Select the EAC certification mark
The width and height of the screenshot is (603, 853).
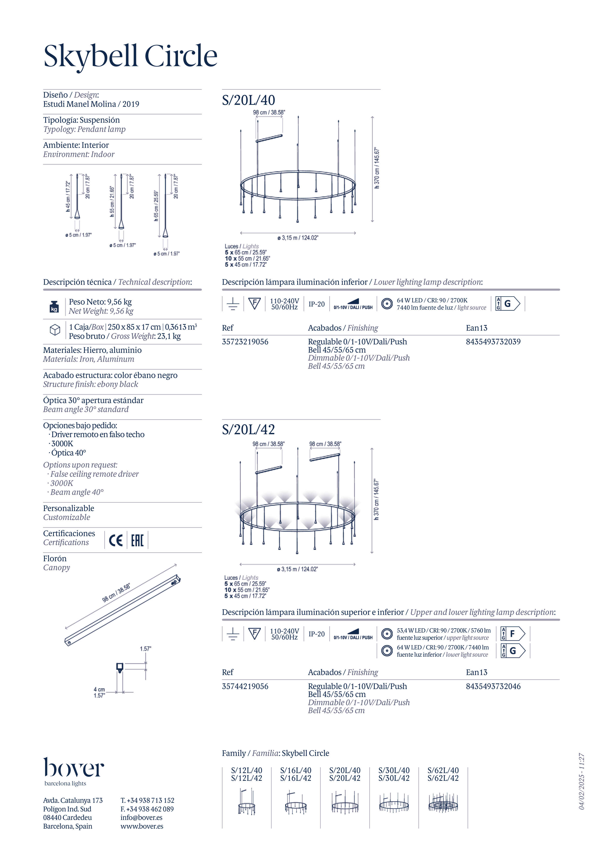click(x=137, y=540)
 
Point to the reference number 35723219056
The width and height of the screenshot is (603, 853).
click(x=245, y=342)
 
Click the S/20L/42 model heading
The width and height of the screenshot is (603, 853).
click(x=248, y=429)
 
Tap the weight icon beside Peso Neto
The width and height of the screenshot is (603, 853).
click(x=54, y=306)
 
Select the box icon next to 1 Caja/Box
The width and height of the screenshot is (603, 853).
click(x=55, y=330)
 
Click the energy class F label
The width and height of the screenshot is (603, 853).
click(x=513, y=633)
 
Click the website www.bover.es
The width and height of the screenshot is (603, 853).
click(x=142, y=826)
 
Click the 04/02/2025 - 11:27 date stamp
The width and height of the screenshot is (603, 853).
click(x=582, y=781)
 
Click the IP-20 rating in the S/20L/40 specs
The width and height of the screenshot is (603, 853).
click(x=317, y=304)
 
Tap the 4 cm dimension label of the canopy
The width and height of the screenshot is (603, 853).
click(x=99, y=690)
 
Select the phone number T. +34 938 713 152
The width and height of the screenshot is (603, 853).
click(x=147, y=800)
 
